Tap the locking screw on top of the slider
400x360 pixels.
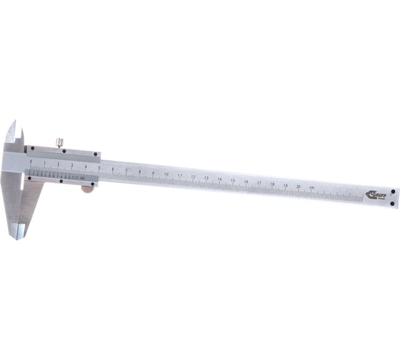[x=59, y=143]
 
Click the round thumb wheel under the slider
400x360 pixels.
[x=88, y=189]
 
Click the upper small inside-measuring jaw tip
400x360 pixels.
[x=12, y=131]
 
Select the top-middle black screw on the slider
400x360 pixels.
[x=63, y=151]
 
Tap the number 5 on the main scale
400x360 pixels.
[x=99, y=168]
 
